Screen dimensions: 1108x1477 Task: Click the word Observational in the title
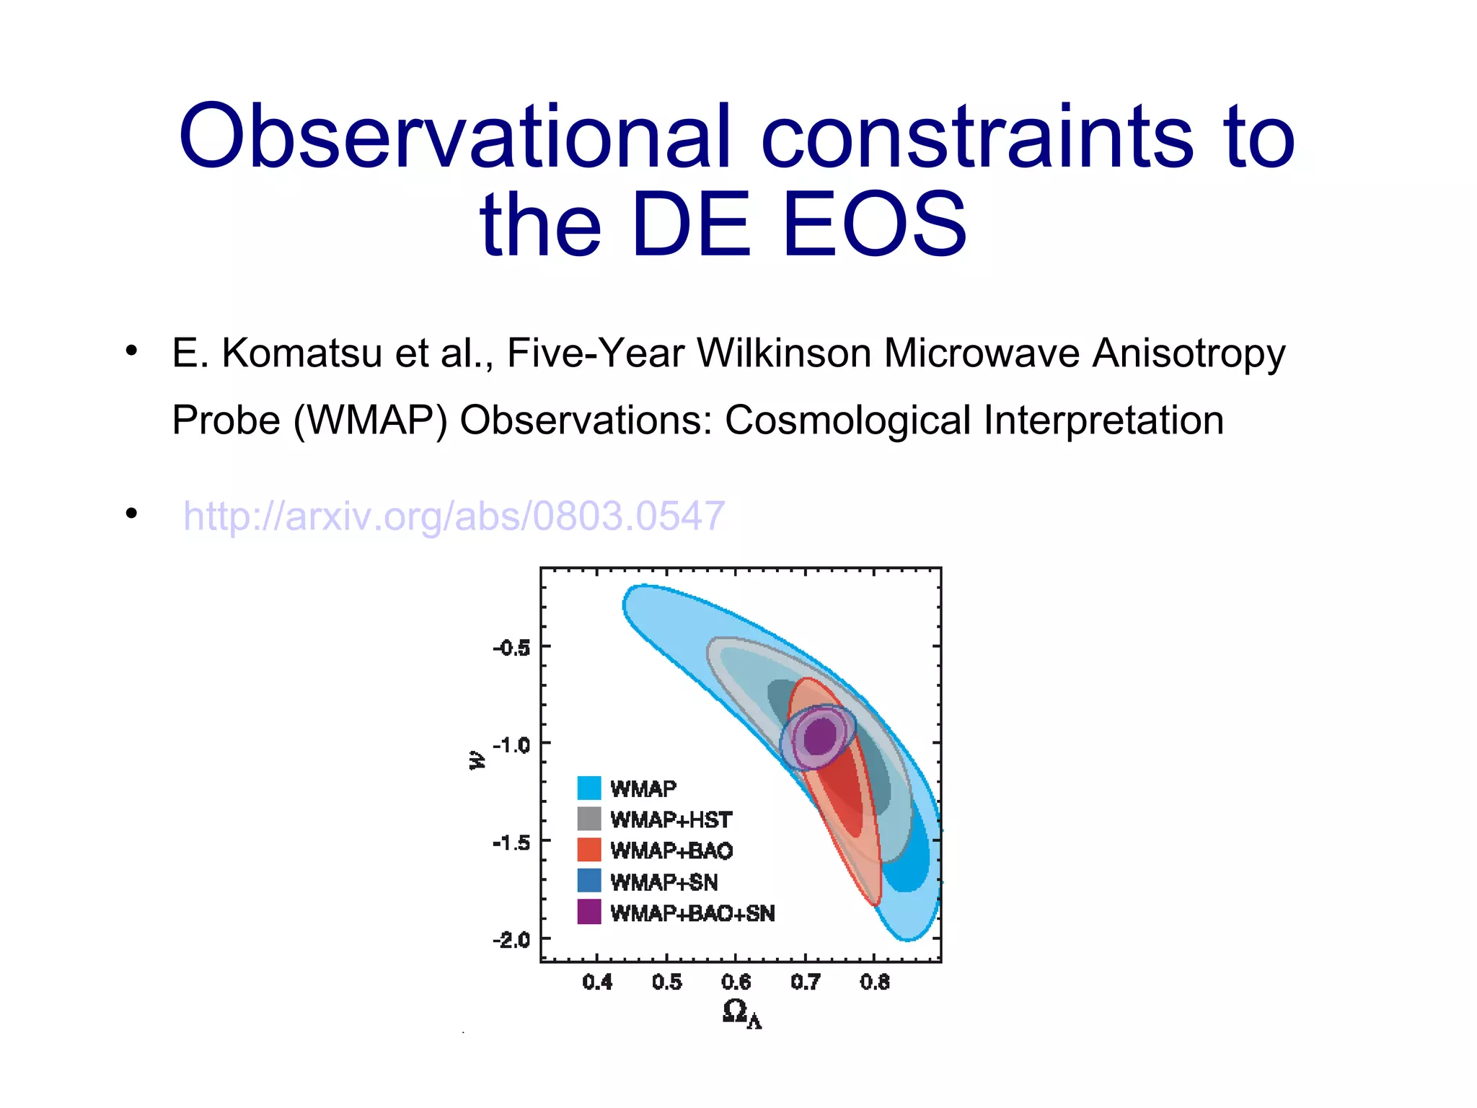454,137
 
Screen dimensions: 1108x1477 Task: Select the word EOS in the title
874,224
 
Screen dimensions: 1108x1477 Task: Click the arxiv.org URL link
454,516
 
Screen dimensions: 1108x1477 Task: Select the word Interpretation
1103,421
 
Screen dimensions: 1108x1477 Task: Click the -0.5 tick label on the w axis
511,648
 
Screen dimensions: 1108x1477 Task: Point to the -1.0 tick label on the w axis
511,744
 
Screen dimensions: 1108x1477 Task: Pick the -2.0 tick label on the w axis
511,940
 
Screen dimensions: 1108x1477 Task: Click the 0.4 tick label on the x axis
597,982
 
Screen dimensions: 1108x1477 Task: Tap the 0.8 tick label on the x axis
875,982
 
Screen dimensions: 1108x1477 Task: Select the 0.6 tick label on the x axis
736,982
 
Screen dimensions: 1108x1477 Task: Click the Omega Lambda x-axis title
741,1014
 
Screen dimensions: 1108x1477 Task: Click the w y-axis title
477,760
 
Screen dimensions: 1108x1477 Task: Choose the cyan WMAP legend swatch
588,788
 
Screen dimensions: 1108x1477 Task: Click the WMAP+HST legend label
671,820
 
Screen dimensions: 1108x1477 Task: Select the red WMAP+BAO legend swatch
588,850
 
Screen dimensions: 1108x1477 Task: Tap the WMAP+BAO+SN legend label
692,913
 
